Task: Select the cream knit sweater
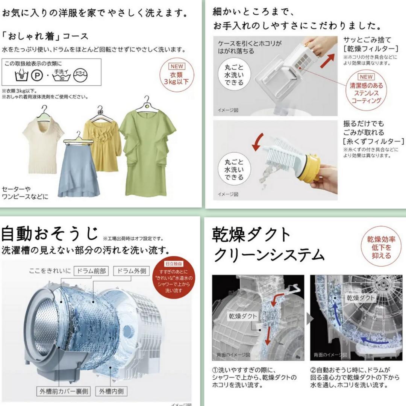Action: (42, 147)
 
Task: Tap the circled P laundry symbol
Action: (37, 76)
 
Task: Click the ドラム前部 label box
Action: (91, 271)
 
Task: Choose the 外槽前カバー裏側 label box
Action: (63, 391)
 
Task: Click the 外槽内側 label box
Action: (111, 391)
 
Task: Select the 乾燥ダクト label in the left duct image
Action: (242, 316)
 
